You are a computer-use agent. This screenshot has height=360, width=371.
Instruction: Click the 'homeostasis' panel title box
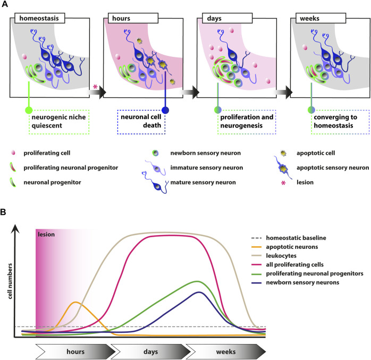(x=40, y=18)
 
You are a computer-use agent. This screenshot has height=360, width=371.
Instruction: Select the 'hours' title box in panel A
(x=133, y=18)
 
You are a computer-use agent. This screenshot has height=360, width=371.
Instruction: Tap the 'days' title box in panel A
(x=227, y=18)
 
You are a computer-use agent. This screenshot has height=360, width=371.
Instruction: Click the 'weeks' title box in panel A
(x=321, y=18)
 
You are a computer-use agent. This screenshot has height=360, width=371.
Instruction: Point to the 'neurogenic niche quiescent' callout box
(x=59, y=122)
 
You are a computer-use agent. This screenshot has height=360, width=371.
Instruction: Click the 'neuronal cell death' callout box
(x=141, y=122)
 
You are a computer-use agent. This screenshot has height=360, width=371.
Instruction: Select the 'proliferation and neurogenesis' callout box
(x=247, y=122)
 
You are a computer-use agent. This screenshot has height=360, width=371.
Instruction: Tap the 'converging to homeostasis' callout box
(x=340, y=122)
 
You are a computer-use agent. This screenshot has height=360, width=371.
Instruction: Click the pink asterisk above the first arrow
(x=95, y=87)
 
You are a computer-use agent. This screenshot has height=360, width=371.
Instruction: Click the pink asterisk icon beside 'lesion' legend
(x=283, y=183)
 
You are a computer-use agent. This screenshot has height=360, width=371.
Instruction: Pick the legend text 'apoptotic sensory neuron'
(x=333, y=168)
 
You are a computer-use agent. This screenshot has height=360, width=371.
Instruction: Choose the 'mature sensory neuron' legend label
(x=203, y=182)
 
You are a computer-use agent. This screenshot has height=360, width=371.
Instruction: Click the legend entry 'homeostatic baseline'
(x=296, y=238)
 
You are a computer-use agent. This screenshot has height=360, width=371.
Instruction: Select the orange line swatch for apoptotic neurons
(x=256, y=247)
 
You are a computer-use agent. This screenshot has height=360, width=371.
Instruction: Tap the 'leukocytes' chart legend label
(x=281, y=256)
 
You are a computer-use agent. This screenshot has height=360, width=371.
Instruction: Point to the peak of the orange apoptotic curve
(x=75, y=302)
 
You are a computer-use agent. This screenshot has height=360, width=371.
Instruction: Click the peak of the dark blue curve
(x=199, y=292)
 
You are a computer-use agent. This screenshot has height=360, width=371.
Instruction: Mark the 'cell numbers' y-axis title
(x=10, y=281)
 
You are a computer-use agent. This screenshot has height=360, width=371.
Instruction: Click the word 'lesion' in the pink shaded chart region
(x=46, y=235)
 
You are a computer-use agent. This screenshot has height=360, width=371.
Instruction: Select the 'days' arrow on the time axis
(x=151, y=351)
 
